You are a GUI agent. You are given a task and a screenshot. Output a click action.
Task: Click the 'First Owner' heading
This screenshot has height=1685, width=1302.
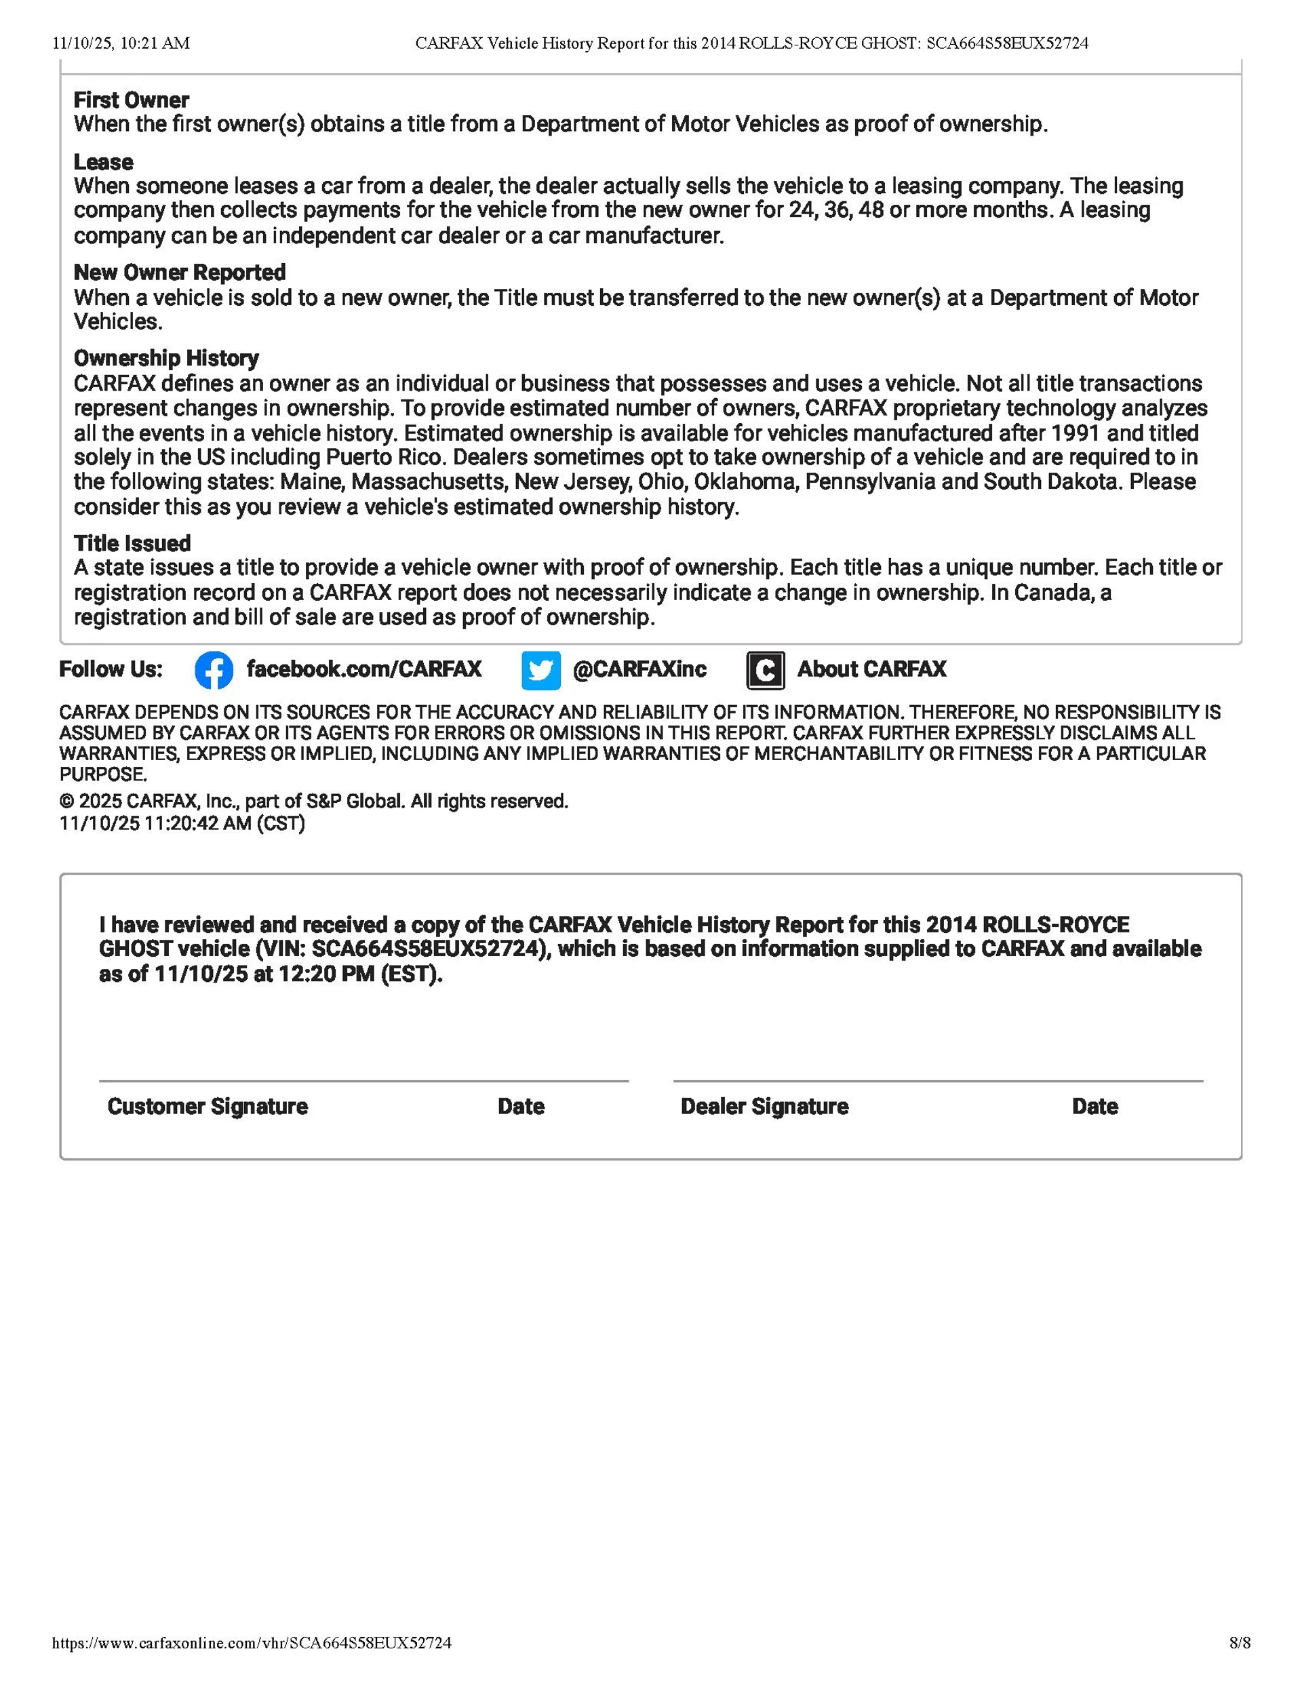point(131,100)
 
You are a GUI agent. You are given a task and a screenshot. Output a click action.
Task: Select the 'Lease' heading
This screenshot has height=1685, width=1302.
point(104,162)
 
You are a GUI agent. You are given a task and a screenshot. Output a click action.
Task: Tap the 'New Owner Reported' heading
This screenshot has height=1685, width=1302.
point(179,273)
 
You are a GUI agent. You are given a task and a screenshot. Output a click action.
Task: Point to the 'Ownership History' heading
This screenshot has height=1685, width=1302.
point(166,358)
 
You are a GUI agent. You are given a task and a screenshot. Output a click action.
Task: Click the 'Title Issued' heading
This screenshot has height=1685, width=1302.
point(132,543)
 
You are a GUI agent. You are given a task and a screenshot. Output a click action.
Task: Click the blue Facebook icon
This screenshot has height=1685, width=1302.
point(214,670)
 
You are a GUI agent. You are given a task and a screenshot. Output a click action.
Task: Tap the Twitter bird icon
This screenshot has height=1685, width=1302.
point(540,670)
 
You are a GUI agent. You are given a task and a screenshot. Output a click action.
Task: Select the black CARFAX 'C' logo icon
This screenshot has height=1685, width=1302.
point(765,670)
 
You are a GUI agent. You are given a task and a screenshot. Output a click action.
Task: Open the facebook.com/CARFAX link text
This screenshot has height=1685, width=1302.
point(363,669)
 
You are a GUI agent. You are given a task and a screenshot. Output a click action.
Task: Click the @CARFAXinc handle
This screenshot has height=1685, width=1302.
point(639,669)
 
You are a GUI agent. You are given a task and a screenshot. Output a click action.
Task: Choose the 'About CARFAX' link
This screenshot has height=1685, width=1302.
point(871,669)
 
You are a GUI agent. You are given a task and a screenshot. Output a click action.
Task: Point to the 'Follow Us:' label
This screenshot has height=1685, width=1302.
point(111,669)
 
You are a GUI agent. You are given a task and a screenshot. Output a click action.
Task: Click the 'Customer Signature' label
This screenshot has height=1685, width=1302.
point(208,1107)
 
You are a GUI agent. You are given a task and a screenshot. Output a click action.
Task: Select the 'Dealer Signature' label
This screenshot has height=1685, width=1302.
point(764,1107)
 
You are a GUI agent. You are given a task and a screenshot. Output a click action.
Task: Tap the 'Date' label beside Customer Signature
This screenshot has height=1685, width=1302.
point(521,1107)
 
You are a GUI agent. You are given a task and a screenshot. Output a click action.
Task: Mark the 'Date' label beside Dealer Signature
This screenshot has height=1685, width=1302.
point(1094,1107)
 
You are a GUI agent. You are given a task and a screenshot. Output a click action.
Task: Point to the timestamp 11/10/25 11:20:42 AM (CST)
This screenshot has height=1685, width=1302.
point(182,824)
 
